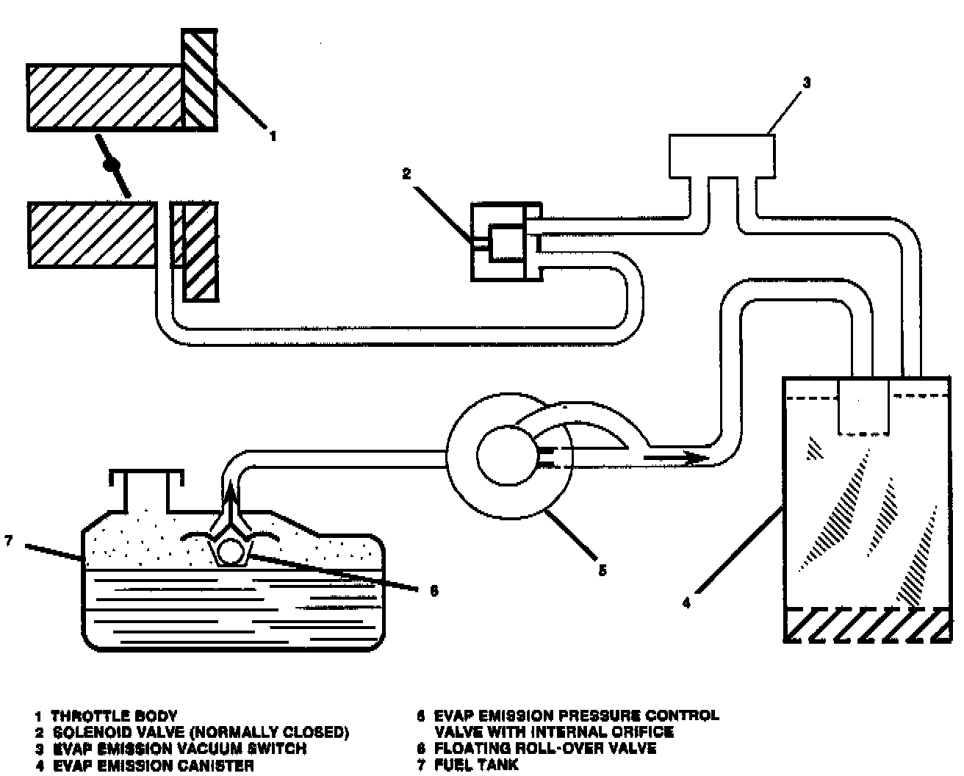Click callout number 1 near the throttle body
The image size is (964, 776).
coord(273,136)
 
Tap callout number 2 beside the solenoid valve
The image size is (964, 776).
coord(406,174)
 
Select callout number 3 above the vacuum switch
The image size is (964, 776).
coord(805,83)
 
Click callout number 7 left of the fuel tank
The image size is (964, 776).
coord(8,542)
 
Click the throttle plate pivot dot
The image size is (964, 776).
coord(112,165)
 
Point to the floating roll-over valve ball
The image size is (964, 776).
coord(232,552)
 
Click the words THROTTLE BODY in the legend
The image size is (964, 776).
coord(114,715)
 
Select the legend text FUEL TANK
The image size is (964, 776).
coord(476,765)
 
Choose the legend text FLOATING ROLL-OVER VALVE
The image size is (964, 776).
coord(545,749)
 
